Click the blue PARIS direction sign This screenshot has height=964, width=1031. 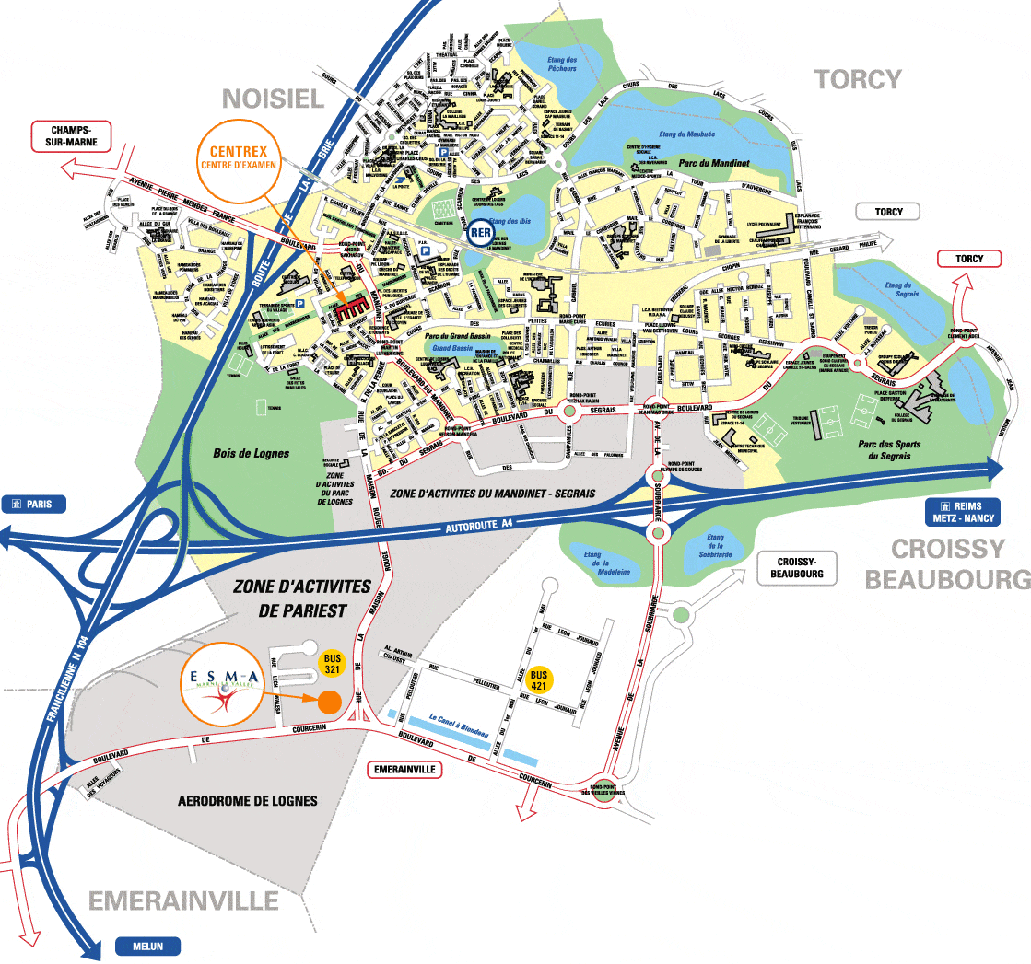coord(35,504)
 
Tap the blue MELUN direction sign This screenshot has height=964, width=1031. coord(147,946)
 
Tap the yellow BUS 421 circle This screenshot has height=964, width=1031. coord(539,679)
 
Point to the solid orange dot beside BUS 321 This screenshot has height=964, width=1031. coord(329,703)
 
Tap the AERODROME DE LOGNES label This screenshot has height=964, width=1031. coord(247,801)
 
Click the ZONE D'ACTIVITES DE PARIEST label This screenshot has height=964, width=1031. coord(290,598)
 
